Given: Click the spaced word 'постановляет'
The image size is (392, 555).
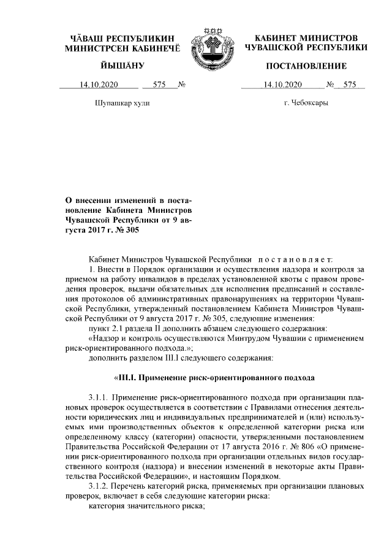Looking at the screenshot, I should point(297,259).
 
